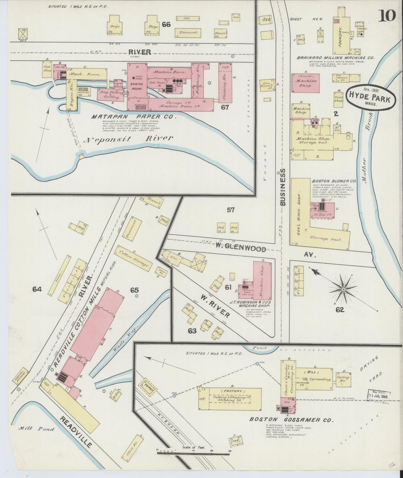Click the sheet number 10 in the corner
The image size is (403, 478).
click(387, 16)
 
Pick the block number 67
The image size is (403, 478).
click(225, 107)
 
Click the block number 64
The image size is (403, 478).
click(37, 289)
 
